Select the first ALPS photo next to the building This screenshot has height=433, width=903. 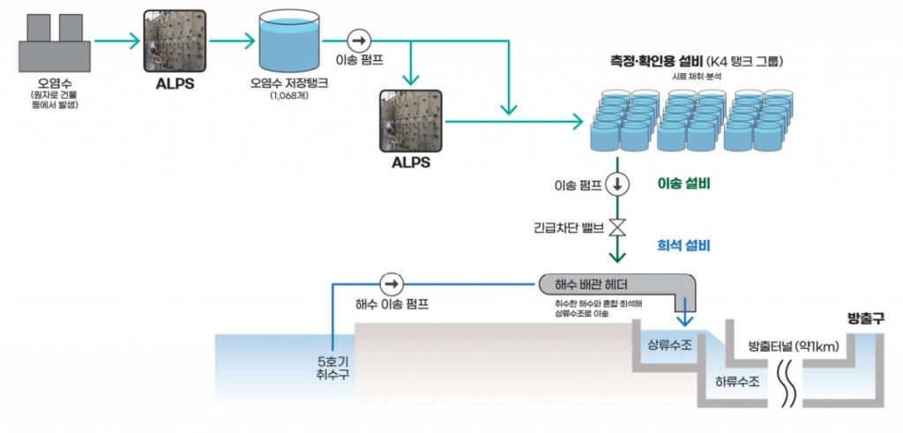click(175, 41)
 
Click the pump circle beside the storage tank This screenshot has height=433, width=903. click(359, 41)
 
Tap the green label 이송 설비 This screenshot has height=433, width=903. click(684, 184)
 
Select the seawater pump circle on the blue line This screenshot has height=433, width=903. click(391, 284)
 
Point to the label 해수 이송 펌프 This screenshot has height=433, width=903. click(392, 304)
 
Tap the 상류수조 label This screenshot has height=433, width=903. click(669, 345)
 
